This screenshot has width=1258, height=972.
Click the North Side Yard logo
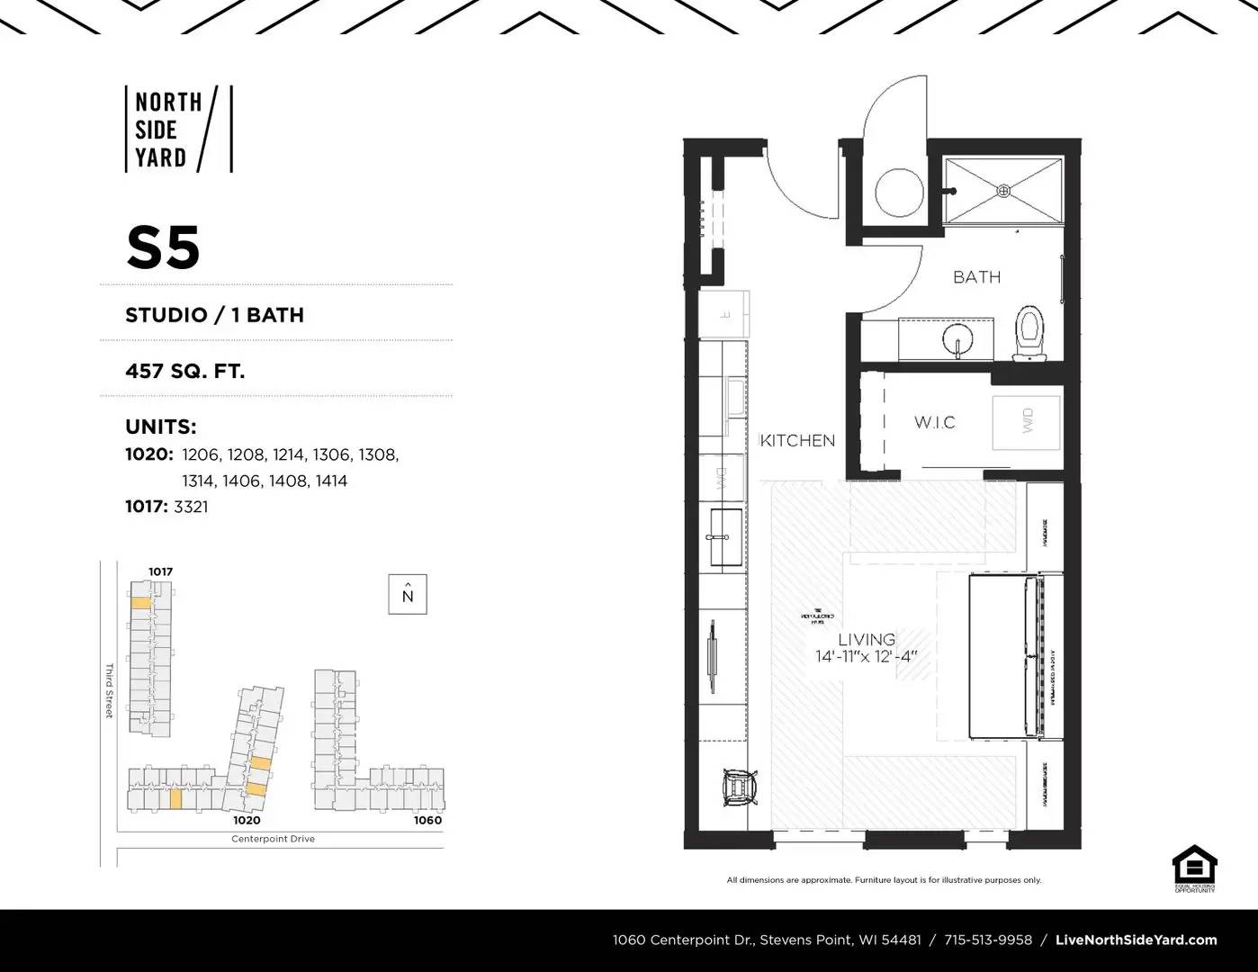(x=178, y=129)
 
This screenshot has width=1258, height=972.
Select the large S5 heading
(x=163, y=247)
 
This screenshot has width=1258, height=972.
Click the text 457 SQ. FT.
(x=184, y=370)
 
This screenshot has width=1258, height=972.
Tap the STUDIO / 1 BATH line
(x=214, y=315)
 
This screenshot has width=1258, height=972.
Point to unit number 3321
(x=191, y=507)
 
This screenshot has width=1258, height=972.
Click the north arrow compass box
(x=408, y=595)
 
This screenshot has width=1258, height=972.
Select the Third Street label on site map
(x=109, y=690)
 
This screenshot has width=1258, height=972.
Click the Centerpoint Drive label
(x=273, y=839)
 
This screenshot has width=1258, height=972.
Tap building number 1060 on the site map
(x=427, y=820)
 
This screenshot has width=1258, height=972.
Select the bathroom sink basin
(x=957, y=339)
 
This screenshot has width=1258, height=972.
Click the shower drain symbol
(x=1003, y=190)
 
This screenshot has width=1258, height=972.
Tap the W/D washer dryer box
(x=1027, y=421)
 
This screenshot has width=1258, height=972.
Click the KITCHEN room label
(x=797, y=440)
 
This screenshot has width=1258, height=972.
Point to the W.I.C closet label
(x=934, y=422)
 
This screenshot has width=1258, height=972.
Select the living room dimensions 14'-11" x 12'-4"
(x=866, y=656)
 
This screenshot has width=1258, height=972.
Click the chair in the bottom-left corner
(x=742, y=787)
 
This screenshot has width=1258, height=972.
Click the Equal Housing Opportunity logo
(x=1194, y=868)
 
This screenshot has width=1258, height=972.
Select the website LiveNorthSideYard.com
(x=1136, y=940)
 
